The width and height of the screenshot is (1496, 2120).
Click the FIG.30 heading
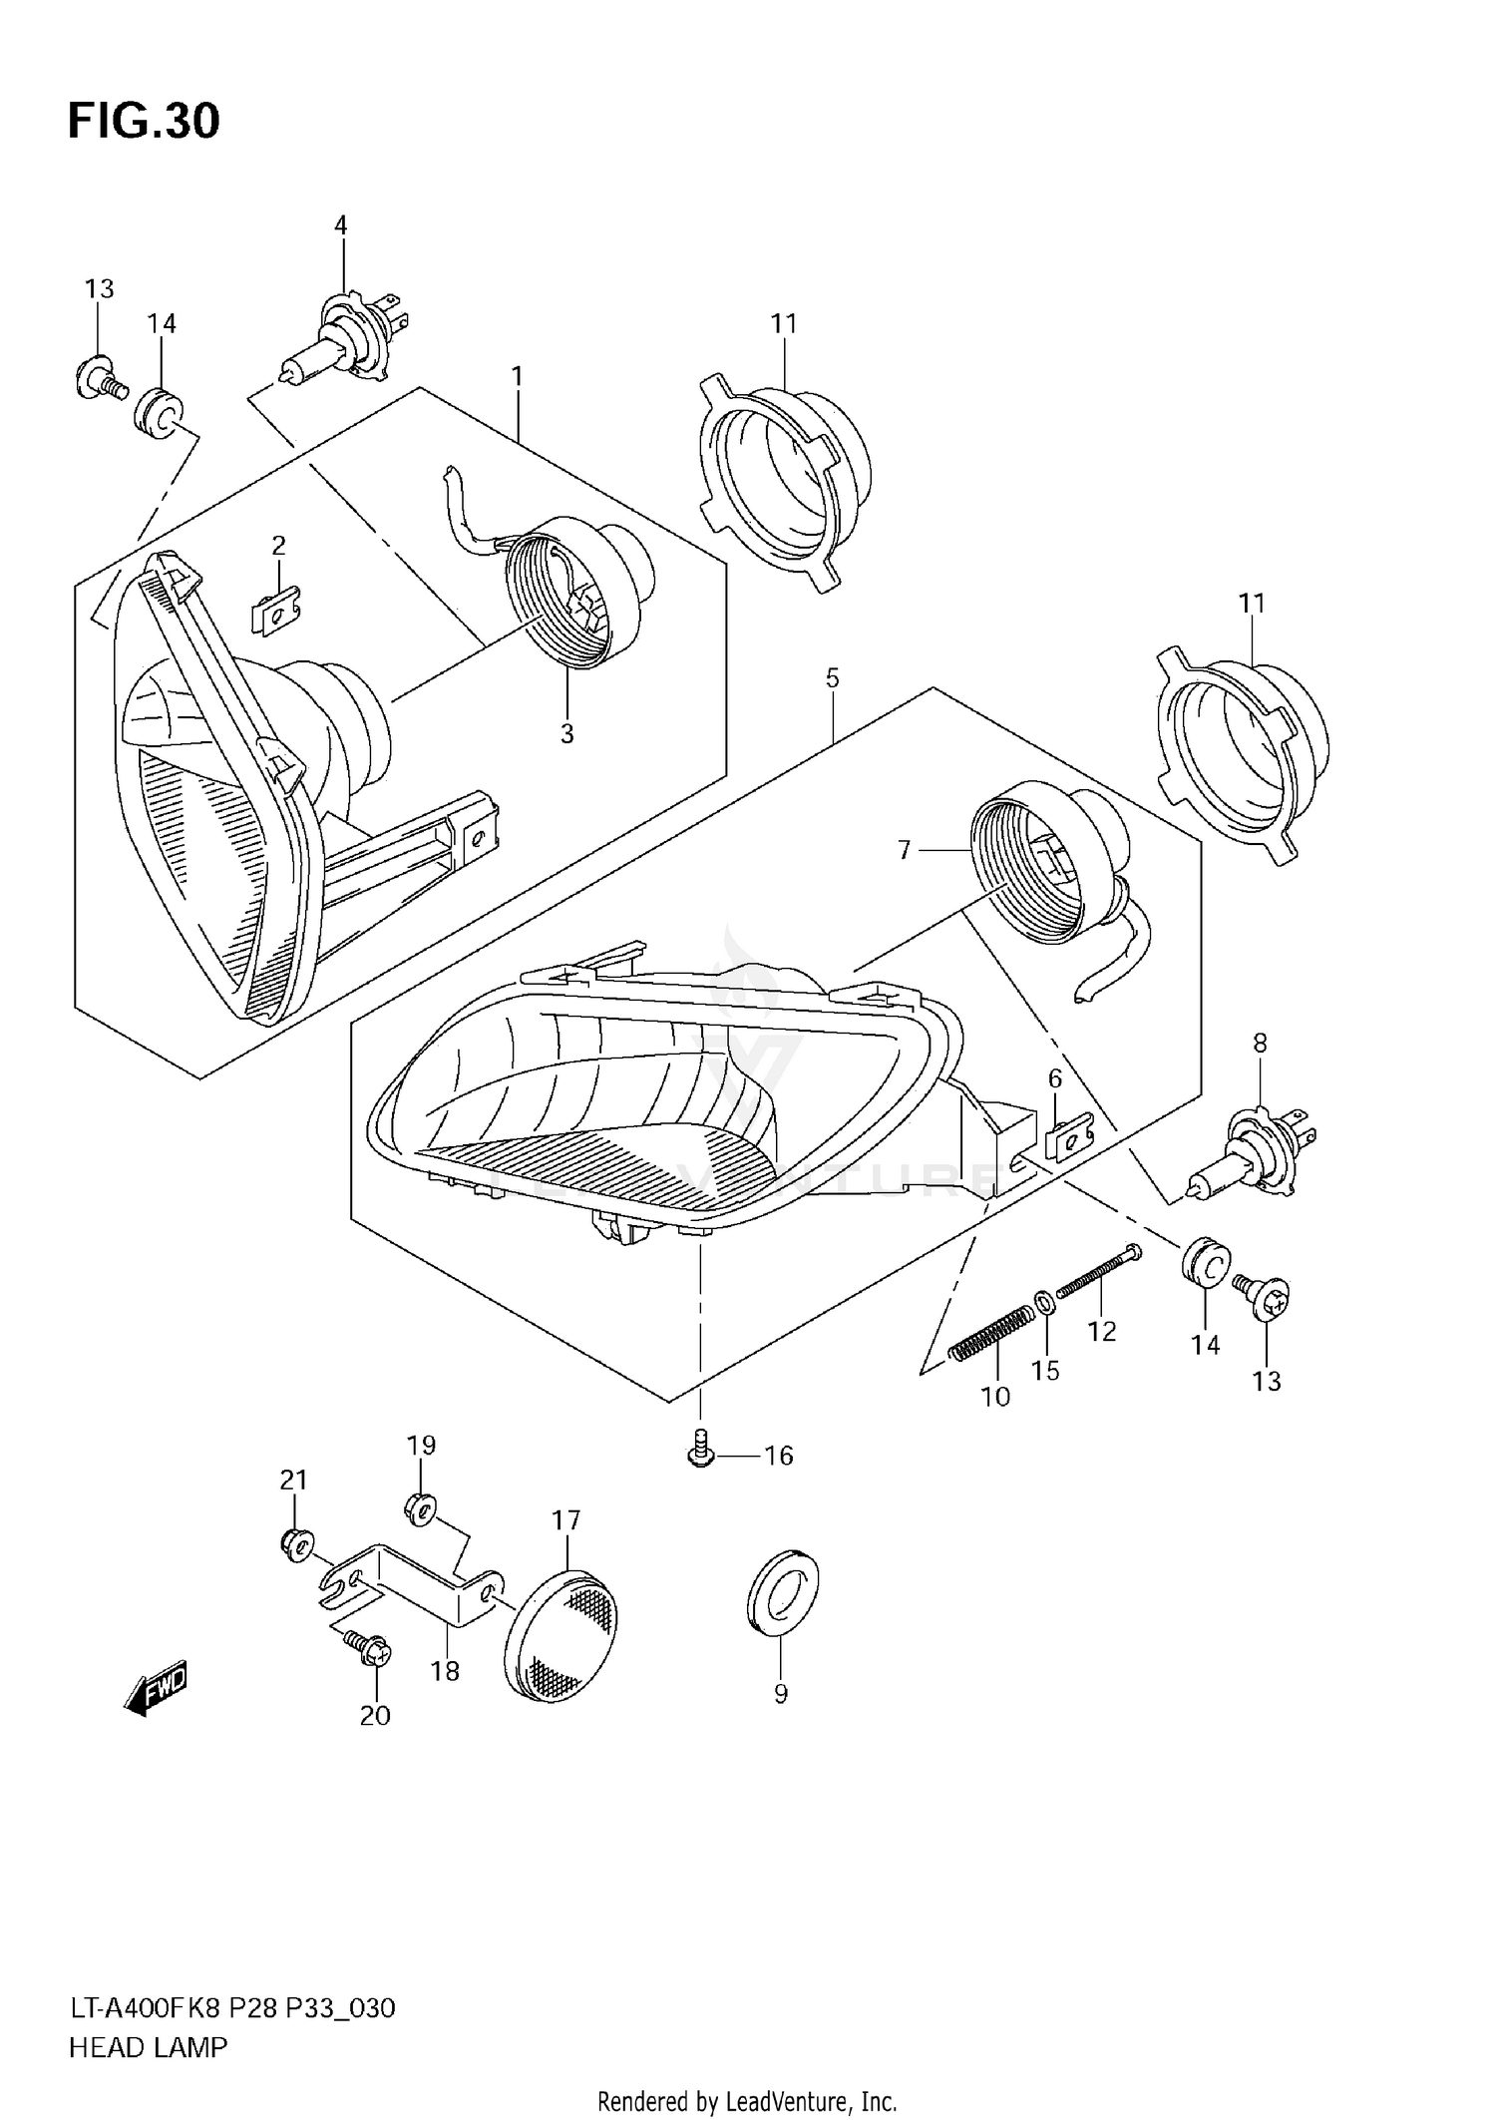pyautogui.click(x=144, y=121)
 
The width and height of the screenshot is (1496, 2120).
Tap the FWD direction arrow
pyautogui.click(x=157, y=1689)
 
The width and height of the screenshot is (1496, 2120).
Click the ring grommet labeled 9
pyautogui.click(x=783, y=1591)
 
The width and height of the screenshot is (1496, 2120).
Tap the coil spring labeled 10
pyautogui.click(x=987, y=1332)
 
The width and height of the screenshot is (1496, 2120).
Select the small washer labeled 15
pyautogui.click(x=1042, y=1301)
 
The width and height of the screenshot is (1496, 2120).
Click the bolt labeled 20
pyautogui.click(x=369, y=1648)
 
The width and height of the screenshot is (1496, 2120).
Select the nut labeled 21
pyautogui.click(x=295, y=1545)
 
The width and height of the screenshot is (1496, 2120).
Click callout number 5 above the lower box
pyautogui.click(x=832, y=679)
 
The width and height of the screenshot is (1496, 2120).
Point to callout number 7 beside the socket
pyautogui.click(x=905, y=850)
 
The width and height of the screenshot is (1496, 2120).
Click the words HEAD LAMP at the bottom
pyautogui.click(x=148, y=2047)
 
